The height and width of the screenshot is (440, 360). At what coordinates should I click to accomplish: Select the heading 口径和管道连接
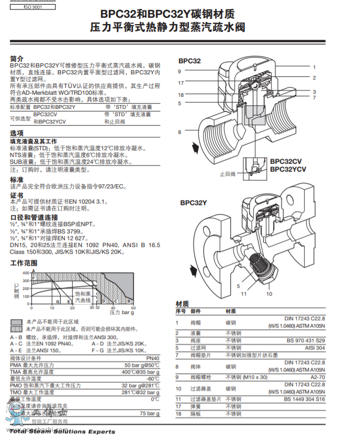pyautogui.click(x=34, y=217)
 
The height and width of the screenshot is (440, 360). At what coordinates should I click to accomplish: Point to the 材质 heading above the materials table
pyautogui.click(x=182, y=303)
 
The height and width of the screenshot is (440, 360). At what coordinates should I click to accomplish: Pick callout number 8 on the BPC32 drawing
pyautogui.click(x=179, y=132)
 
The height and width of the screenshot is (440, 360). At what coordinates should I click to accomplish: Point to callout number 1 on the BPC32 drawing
pyautogui.click(x=314, y=67)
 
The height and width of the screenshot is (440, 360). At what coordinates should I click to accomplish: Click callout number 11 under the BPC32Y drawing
pyautogui.click(x=243, y=294)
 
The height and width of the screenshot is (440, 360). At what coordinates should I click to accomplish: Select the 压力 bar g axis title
pyautogui.click(x=121, y=312)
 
